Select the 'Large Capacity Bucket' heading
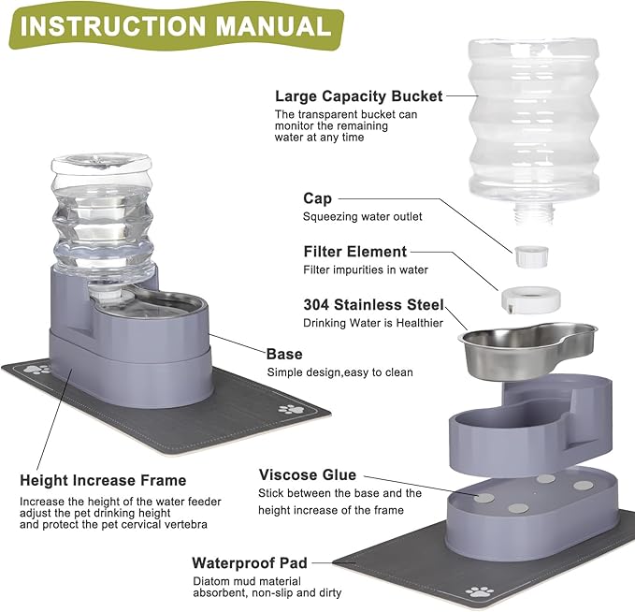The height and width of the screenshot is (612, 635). coord(358,96)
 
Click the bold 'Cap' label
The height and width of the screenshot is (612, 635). coord(317,198)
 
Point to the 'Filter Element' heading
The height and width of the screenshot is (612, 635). coord(354,252)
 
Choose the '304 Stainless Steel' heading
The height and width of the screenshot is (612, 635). coord(373,305)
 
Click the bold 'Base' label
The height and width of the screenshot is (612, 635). coord(284,355)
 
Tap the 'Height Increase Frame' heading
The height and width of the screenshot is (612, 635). coord(103,481)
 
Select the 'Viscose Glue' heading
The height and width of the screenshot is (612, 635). coord(308,475)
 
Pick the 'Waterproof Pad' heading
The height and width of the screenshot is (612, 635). coord(249,563)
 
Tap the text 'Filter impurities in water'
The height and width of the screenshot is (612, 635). coord(365,270)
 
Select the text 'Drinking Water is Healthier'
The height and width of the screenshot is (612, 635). coord(370,324)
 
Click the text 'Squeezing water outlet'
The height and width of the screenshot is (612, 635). coord(362,217)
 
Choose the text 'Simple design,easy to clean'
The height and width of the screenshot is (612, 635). coord(339,372)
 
